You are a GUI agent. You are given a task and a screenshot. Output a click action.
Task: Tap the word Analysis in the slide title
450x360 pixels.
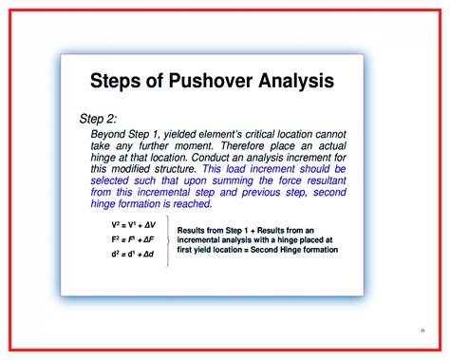pyautogui.click(x=293, y=82)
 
